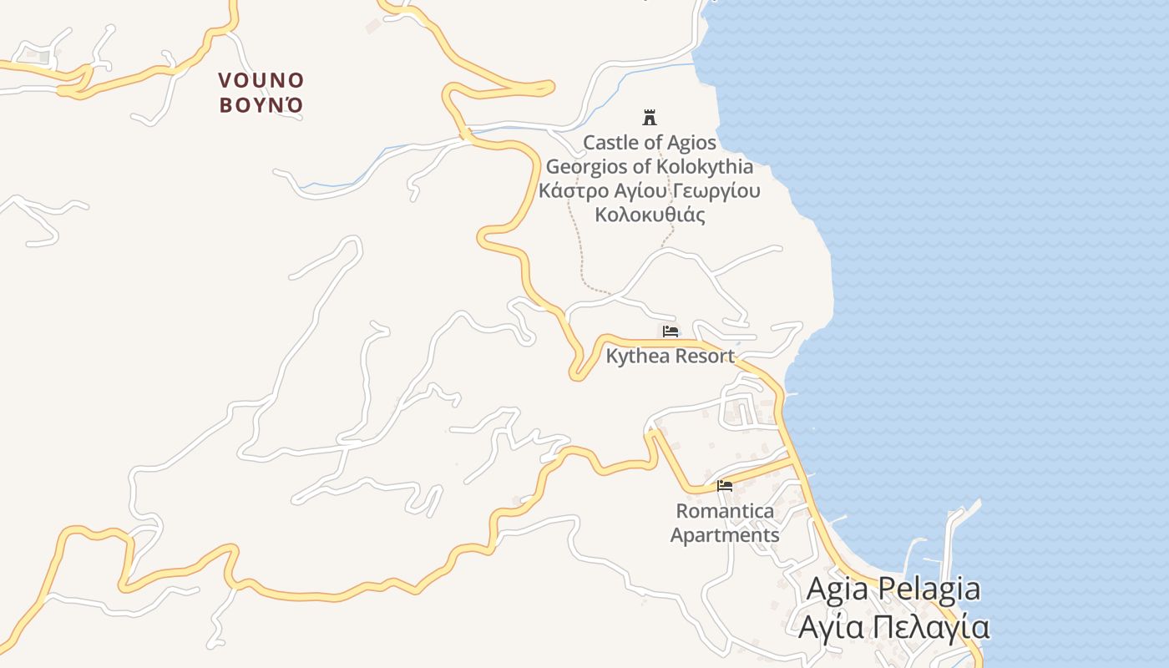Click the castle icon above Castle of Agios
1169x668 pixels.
(x=649, y=117)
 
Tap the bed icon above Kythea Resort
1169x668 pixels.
(x=670, y=331)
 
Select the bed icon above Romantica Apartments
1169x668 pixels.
(x=724, y=485)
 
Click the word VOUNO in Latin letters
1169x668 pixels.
(x=261, y=81)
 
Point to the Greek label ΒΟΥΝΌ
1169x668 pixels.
(x=261, y=106)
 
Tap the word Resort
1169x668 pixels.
(x=704, y=357)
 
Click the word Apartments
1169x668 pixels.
(x=725, y=535)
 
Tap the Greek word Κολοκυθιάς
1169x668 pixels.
(x=650, y=215)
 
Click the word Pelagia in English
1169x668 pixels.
(x=929, y=590)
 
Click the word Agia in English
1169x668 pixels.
(x=838, y=590)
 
